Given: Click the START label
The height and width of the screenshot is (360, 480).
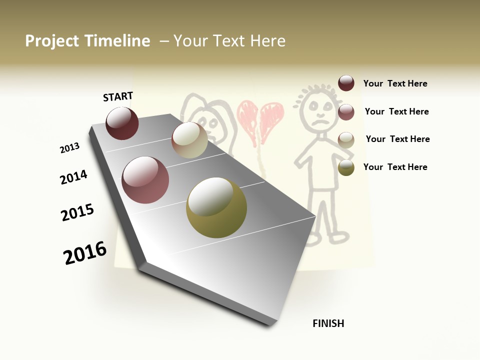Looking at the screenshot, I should [x=118, y=96].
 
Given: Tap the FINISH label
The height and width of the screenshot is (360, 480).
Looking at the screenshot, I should [x=328, y=323].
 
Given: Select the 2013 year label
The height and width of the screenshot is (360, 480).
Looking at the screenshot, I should [x=69, y=148].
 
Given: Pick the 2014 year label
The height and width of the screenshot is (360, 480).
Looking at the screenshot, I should [x=73, y=177].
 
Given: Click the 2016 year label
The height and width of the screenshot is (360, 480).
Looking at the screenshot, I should [x=85, y=253].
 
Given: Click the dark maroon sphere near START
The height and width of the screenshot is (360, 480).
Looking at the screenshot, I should [x=122, y=123].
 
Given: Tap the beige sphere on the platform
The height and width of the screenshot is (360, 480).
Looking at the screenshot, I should [x=189, y=140].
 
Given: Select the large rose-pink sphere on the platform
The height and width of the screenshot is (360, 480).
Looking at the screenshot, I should [x=145, y=180].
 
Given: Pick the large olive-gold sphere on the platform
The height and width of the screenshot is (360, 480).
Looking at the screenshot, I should [x=216, y=207].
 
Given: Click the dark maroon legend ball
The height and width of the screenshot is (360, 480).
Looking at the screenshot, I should [x=346, y=83].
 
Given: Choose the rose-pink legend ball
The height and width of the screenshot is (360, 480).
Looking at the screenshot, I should [x=346, y=112].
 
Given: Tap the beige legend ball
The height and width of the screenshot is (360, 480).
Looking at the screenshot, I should [x=346, y=139].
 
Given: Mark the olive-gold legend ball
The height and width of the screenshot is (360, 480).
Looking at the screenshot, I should [x=346, y=167].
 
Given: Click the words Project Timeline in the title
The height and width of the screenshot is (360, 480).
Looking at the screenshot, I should [x=87, y=41].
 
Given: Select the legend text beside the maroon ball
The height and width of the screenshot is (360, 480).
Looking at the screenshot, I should [x=395, y=84].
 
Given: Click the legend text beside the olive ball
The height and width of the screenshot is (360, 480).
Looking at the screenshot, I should [x=395, y=167].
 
